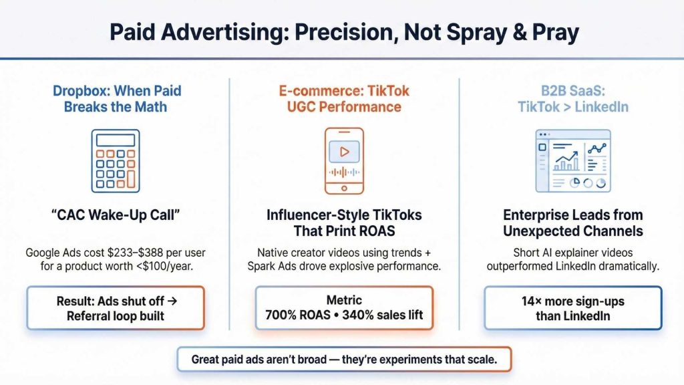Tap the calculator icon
pos(116,161)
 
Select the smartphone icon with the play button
pos(344,160)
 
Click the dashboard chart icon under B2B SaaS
pos(572,160)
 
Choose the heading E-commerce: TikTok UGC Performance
pos(344,98)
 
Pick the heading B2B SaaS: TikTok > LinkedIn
pos(572,98)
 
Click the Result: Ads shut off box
pos(116,307)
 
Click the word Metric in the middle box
pos(344,300)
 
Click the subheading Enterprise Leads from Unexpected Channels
pos(572,223)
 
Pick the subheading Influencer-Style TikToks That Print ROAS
pos(344,223)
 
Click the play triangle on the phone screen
pos(345,152)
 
